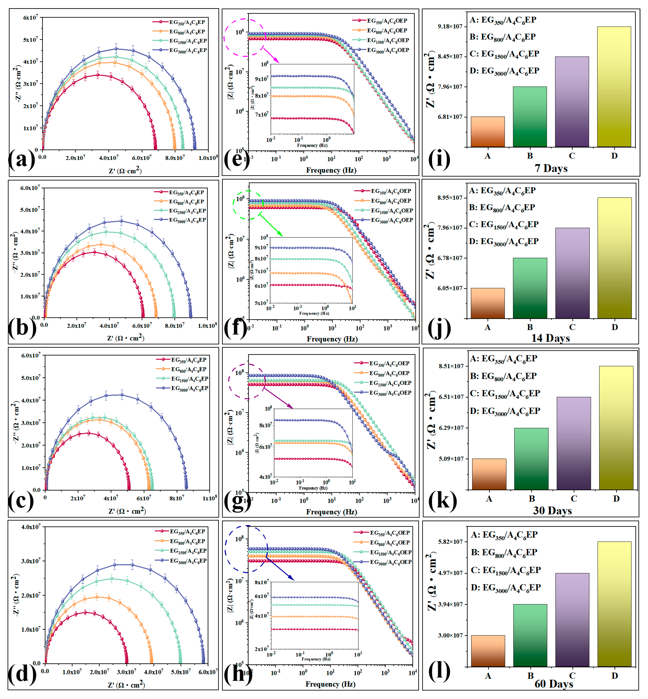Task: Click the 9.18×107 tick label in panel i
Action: click(450, 27)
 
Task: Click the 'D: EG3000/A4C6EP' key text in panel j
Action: click(504, 241)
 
